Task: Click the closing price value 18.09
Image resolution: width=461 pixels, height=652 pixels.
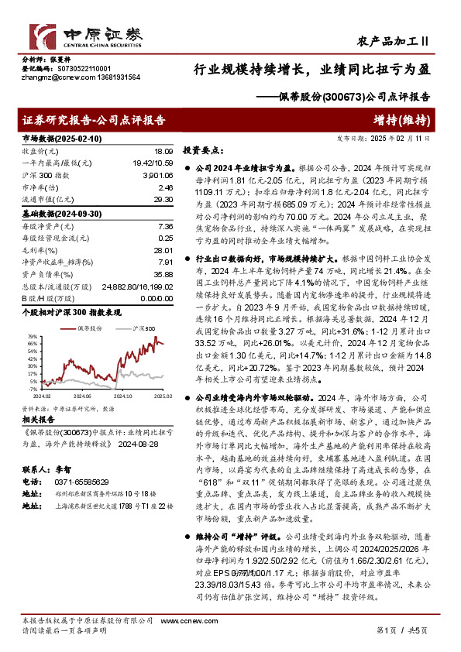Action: click(x=163, y=152)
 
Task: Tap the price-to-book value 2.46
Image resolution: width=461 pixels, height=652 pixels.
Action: click(x=164, y=187)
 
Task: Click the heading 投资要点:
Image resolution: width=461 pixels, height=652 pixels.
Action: click(x=204, y=151)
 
